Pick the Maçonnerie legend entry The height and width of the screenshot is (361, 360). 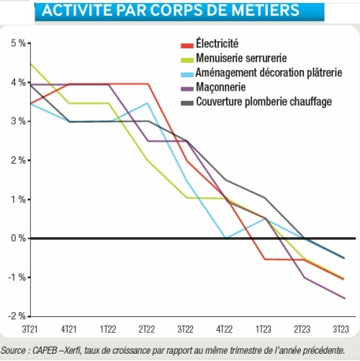point(221,87)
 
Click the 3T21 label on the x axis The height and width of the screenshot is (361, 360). point(30,329)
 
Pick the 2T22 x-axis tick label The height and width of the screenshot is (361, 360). point(147,329)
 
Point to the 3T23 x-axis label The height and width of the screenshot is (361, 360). point(342,329)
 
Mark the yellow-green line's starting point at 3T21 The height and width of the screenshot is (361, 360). point(30,63)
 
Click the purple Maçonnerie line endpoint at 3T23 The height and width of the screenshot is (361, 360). point(343,298)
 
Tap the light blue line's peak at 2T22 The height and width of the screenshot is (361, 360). point(147,103)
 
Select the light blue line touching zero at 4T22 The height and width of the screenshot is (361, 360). point(225,238)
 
